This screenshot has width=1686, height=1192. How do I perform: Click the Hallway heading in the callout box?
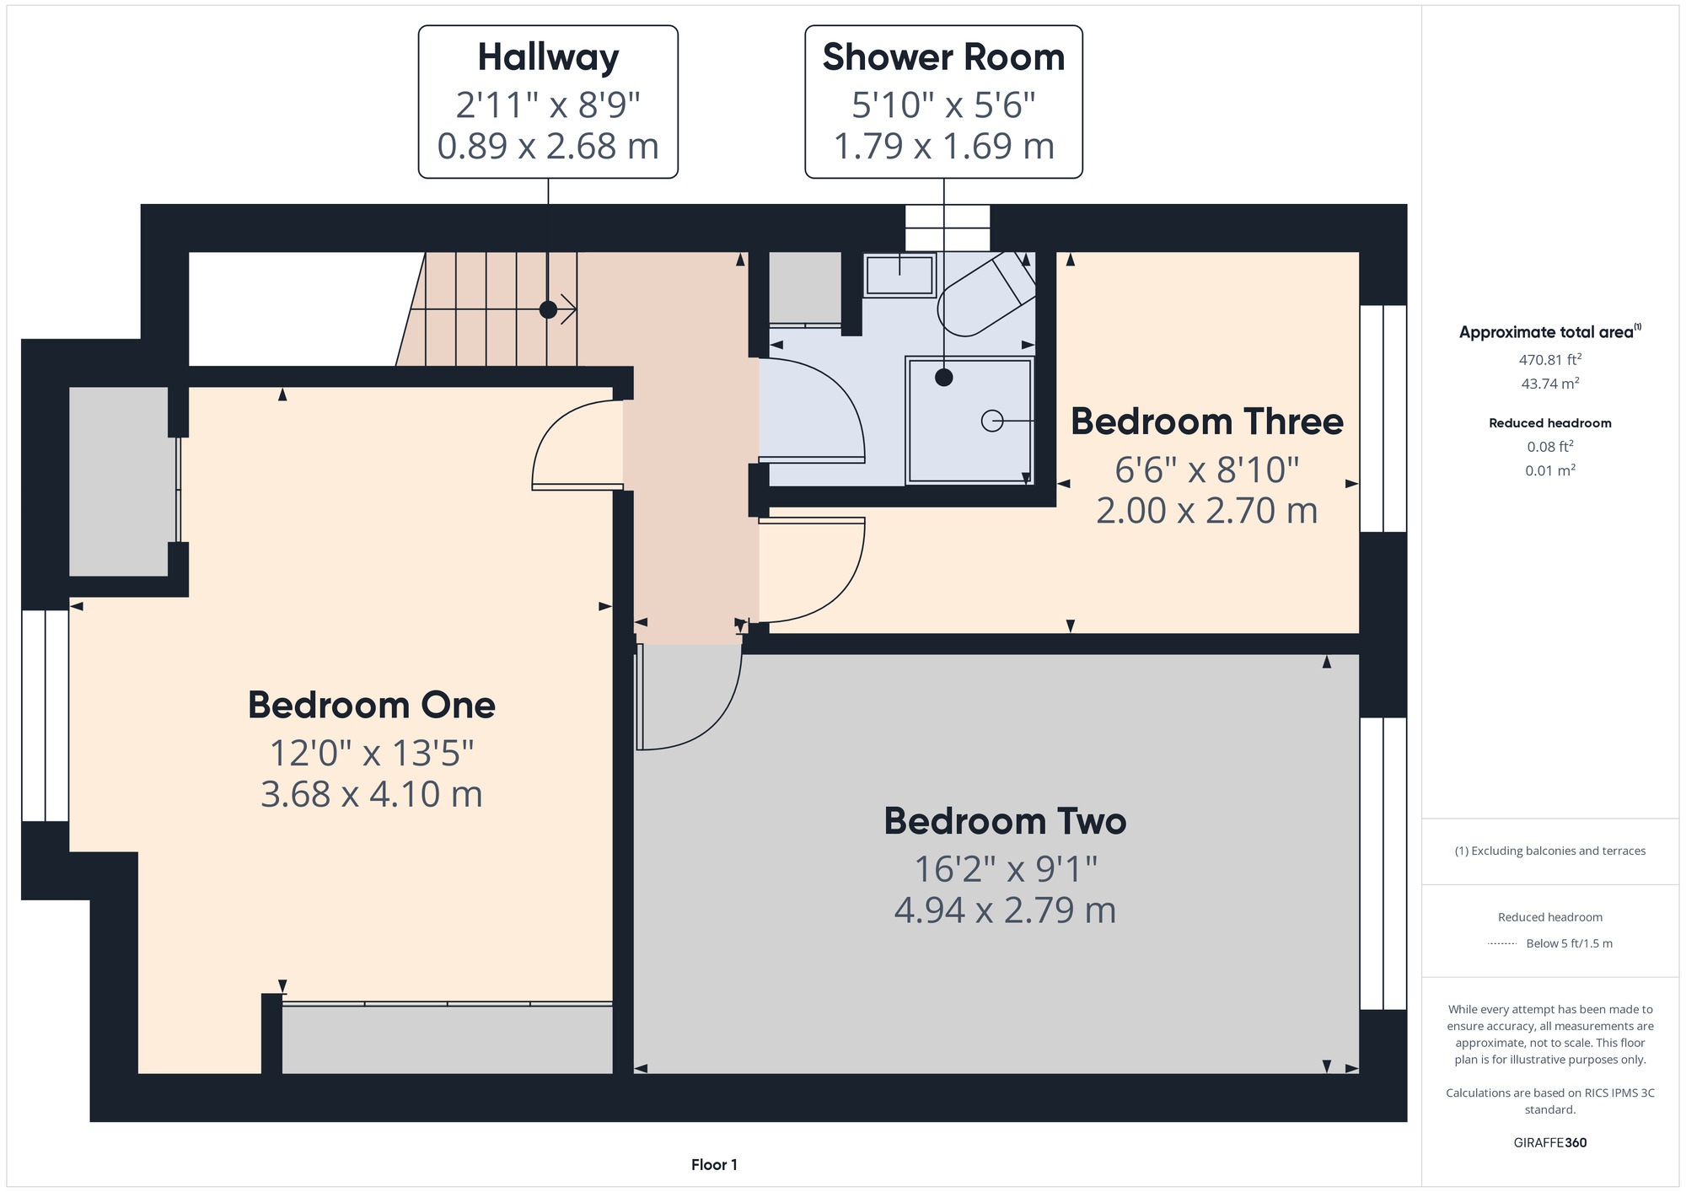pyautogui.click(x=548, y=58)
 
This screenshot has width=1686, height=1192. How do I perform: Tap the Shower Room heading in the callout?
pyautogui.click(x=943, y=57)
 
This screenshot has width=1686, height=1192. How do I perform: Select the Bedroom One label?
pyautogui.click(x=372, y=705)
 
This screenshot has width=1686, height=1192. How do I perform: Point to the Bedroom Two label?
pyautogui.click(x=1005, y=821)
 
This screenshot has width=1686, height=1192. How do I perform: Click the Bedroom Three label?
pyautogui.click(x=1207, y=421)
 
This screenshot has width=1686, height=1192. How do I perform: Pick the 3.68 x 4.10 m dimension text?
pyautogui.click(x=372, y=794)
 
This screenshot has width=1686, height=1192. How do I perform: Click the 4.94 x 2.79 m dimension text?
pyautogui.click(x=1005, y=910)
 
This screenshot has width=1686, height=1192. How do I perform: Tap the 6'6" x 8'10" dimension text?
pyautogui.click(x=1207, y=470)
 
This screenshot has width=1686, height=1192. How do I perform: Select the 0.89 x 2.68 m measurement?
pyautogui.click(x=548, y=146)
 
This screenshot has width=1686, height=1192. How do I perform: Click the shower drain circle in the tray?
pyautogui.click(x=992, y=420)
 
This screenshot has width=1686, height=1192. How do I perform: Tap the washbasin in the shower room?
pyautogui.click(x=899, y=275)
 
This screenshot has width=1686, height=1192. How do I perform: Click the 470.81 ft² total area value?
pyautogui.click(x=1549, y=359)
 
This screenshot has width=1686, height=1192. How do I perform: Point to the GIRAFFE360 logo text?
pyautogui.click(x=1549, y=1143)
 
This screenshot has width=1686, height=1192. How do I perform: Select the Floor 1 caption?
pyautogui.click(x=714, y=1165)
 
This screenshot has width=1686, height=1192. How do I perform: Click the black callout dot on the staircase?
pyautogui.click(x=548, y=309)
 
